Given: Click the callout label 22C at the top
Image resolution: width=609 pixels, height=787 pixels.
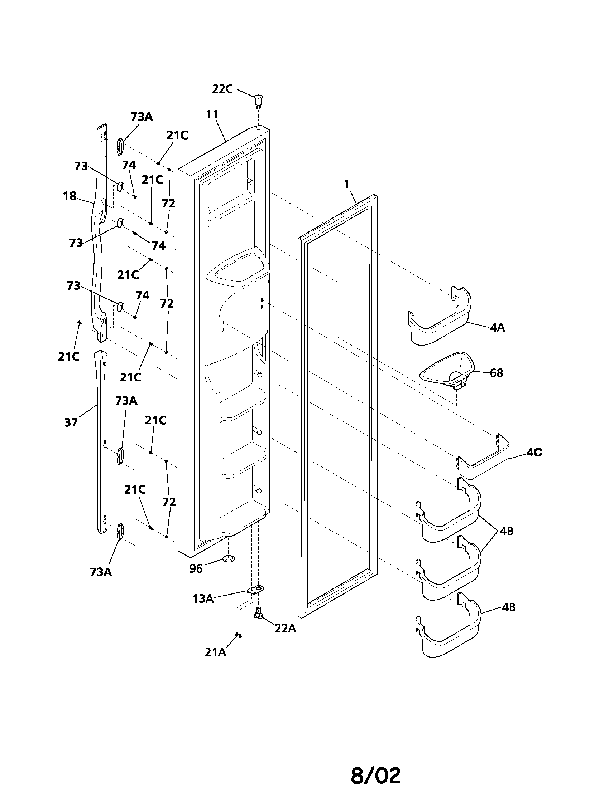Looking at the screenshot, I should (x=222, y=89).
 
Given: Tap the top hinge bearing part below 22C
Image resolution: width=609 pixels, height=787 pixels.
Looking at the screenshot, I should (x=258, y=101).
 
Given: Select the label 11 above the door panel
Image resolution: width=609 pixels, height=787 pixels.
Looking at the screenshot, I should (x=212, y=114).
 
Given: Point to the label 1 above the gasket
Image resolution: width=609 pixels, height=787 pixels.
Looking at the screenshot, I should (x=347, y=184).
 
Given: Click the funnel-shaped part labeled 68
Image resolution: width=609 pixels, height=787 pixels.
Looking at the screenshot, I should (x=447, y=371).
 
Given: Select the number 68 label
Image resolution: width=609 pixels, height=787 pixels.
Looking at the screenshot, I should (x=497, y=373).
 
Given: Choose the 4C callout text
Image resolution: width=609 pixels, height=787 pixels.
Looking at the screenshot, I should (x=535, y=453).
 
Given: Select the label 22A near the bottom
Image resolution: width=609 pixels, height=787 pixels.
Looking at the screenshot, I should (x=286, y=629).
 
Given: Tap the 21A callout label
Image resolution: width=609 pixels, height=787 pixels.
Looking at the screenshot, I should (x=216, y=652).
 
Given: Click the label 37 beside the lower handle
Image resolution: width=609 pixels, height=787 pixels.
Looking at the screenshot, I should (x=71, y=422).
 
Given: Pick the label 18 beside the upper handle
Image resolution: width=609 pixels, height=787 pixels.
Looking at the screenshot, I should (x=69, y=196).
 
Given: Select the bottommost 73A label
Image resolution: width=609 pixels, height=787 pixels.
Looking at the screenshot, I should (x=101, y=572).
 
